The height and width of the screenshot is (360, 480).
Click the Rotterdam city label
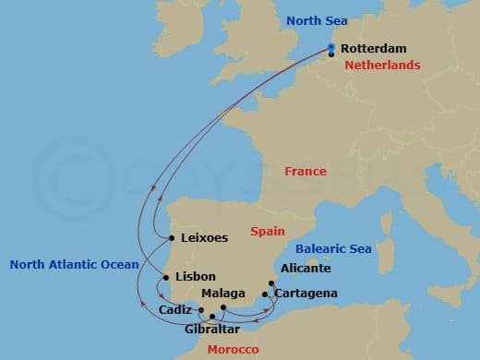coord(373,49)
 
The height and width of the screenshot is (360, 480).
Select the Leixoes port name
coord(204,237)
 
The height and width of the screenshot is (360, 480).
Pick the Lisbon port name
coord(195,276)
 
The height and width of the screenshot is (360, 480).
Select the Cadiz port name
coord(175,309)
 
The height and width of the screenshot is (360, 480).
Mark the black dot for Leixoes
coord(173,238)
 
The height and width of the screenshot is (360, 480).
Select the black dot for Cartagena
coord(266,294)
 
